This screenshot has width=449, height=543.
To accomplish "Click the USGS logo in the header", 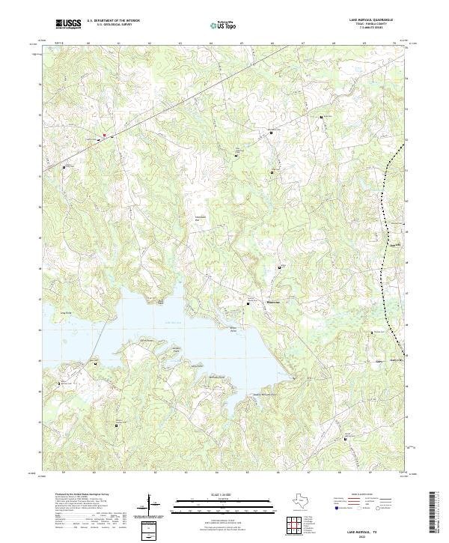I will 67,24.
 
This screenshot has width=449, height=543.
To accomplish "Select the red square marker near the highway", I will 105,135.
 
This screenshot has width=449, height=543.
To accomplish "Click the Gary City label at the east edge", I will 396,360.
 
